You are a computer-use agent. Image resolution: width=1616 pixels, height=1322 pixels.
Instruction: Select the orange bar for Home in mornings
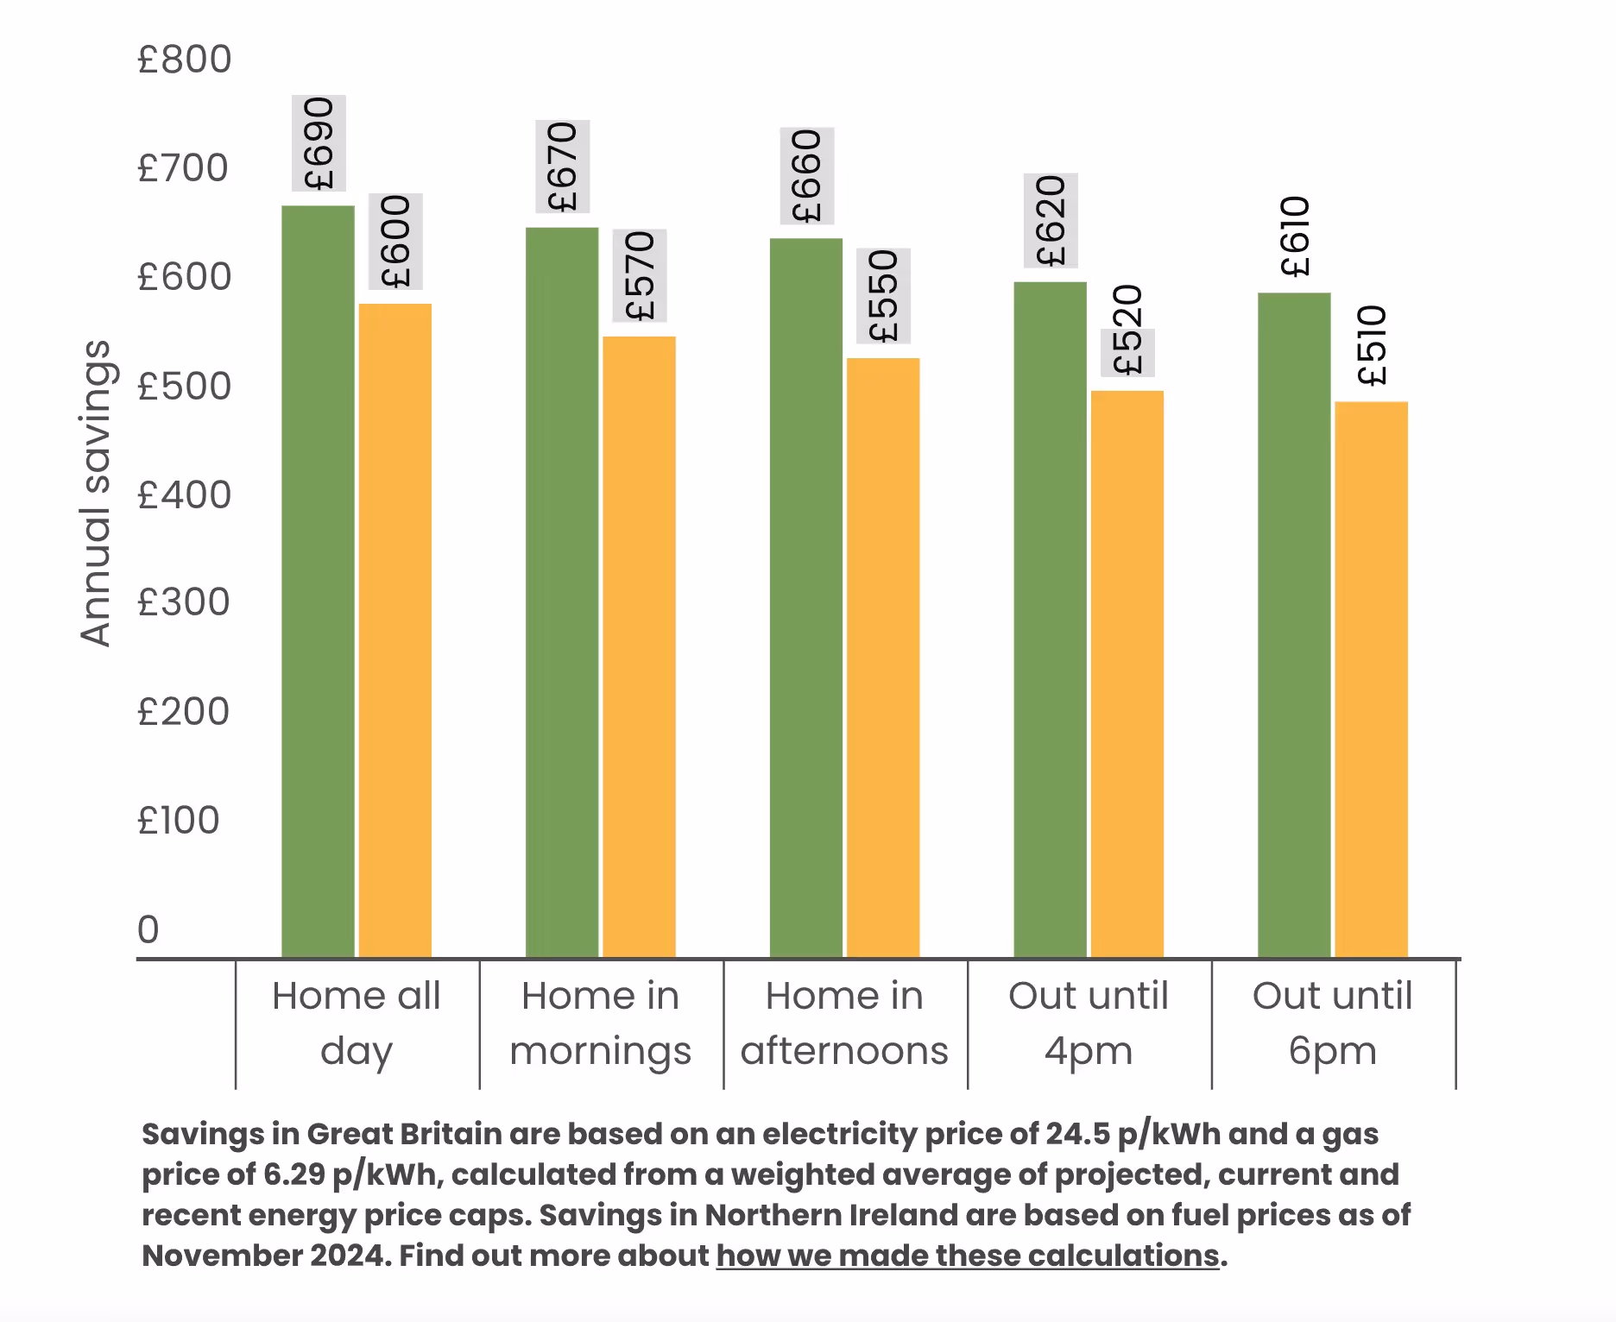(x=639, y=646)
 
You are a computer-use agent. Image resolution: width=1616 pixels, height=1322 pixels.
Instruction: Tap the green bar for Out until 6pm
(x=1293, y=625)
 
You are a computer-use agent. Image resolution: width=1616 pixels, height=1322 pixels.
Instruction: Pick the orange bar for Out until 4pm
(x=1127, y=673)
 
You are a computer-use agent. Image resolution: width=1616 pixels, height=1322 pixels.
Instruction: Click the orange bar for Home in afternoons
(x=883, y=657)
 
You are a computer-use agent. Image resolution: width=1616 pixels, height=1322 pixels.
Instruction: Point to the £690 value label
(x=319, y=143)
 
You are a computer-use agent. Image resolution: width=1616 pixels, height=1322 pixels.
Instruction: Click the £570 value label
(x=640, y=275)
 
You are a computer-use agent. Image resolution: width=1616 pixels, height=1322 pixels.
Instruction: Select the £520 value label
(x=1127, y=331)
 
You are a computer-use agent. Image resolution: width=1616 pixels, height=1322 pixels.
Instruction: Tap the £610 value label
(x=1296, y=236)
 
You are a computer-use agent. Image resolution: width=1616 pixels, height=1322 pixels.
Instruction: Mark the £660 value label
(x=806, y=176)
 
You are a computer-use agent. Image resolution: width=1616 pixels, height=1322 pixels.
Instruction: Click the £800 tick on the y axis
(x=184, y=60)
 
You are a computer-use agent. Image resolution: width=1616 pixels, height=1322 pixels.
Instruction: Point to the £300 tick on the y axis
(x=183, y=602)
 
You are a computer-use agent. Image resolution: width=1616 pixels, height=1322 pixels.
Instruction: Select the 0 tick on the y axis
(x=148, y=929)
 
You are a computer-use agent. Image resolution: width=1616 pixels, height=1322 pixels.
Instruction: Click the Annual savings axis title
(x=95, y=493)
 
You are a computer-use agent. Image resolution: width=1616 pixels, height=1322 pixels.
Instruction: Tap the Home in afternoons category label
(x=844, y=1023)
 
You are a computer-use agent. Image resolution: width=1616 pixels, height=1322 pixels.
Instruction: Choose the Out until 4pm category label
(x=1089, y=1023)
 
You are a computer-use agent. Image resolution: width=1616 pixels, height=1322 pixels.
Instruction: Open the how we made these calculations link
(x=968, y=1256)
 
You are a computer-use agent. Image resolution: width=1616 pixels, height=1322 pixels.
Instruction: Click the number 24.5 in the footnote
(x=1077, y=1134)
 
